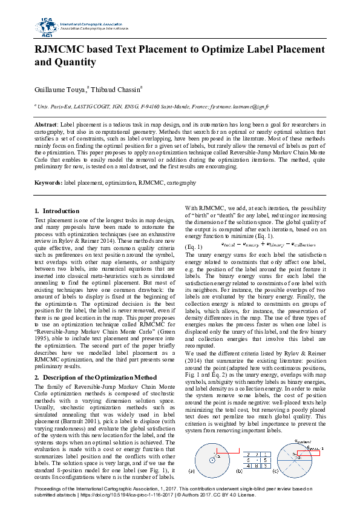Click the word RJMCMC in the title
(x=64, y=50)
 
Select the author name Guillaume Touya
(x=61, y=90)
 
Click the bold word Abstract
(x=45, y=124)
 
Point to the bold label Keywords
(x=48, y=182)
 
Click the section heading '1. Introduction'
(x=57, y=211)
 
